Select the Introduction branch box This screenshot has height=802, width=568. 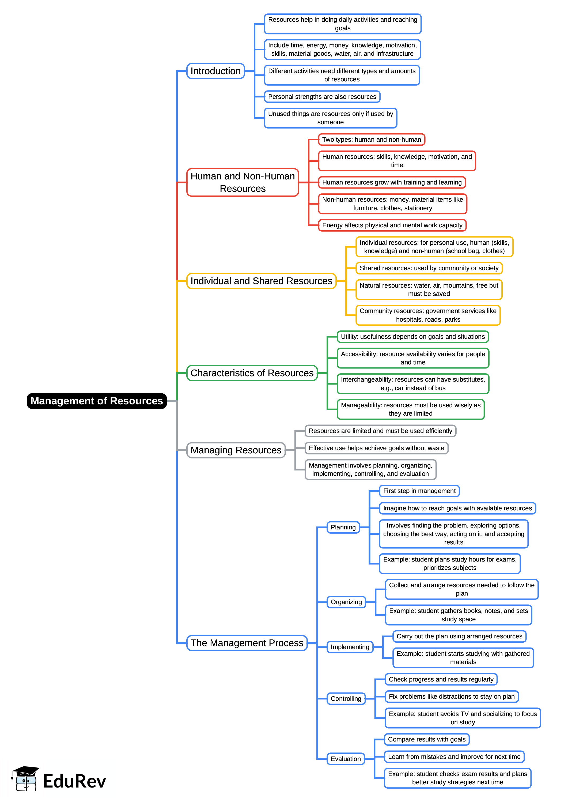point(215,71)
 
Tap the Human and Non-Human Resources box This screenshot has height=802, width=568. point(243,182)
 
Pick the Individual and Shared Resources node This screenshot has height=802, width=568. point(261,281)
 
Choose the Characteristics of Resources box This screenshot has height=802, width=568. point(252,373)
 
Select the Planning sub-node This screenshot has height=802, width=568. point(343,527)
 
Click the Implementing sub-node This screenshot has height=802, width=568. point(350,647)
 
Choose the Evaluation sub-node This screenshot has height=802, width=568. point(346,759)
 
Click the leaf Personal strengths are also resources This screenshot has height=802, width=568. point(322,97)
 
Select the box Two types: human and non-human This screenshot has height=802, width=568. point(372,140)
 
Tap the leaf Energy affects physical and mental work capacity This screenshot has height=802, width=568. point(392,225)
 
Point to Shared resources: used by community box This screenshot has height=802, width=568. point(429,268)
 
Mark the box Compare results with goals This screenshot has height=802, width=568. point(427,739)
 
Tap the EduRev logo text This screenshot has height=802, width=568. point(74,781)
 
